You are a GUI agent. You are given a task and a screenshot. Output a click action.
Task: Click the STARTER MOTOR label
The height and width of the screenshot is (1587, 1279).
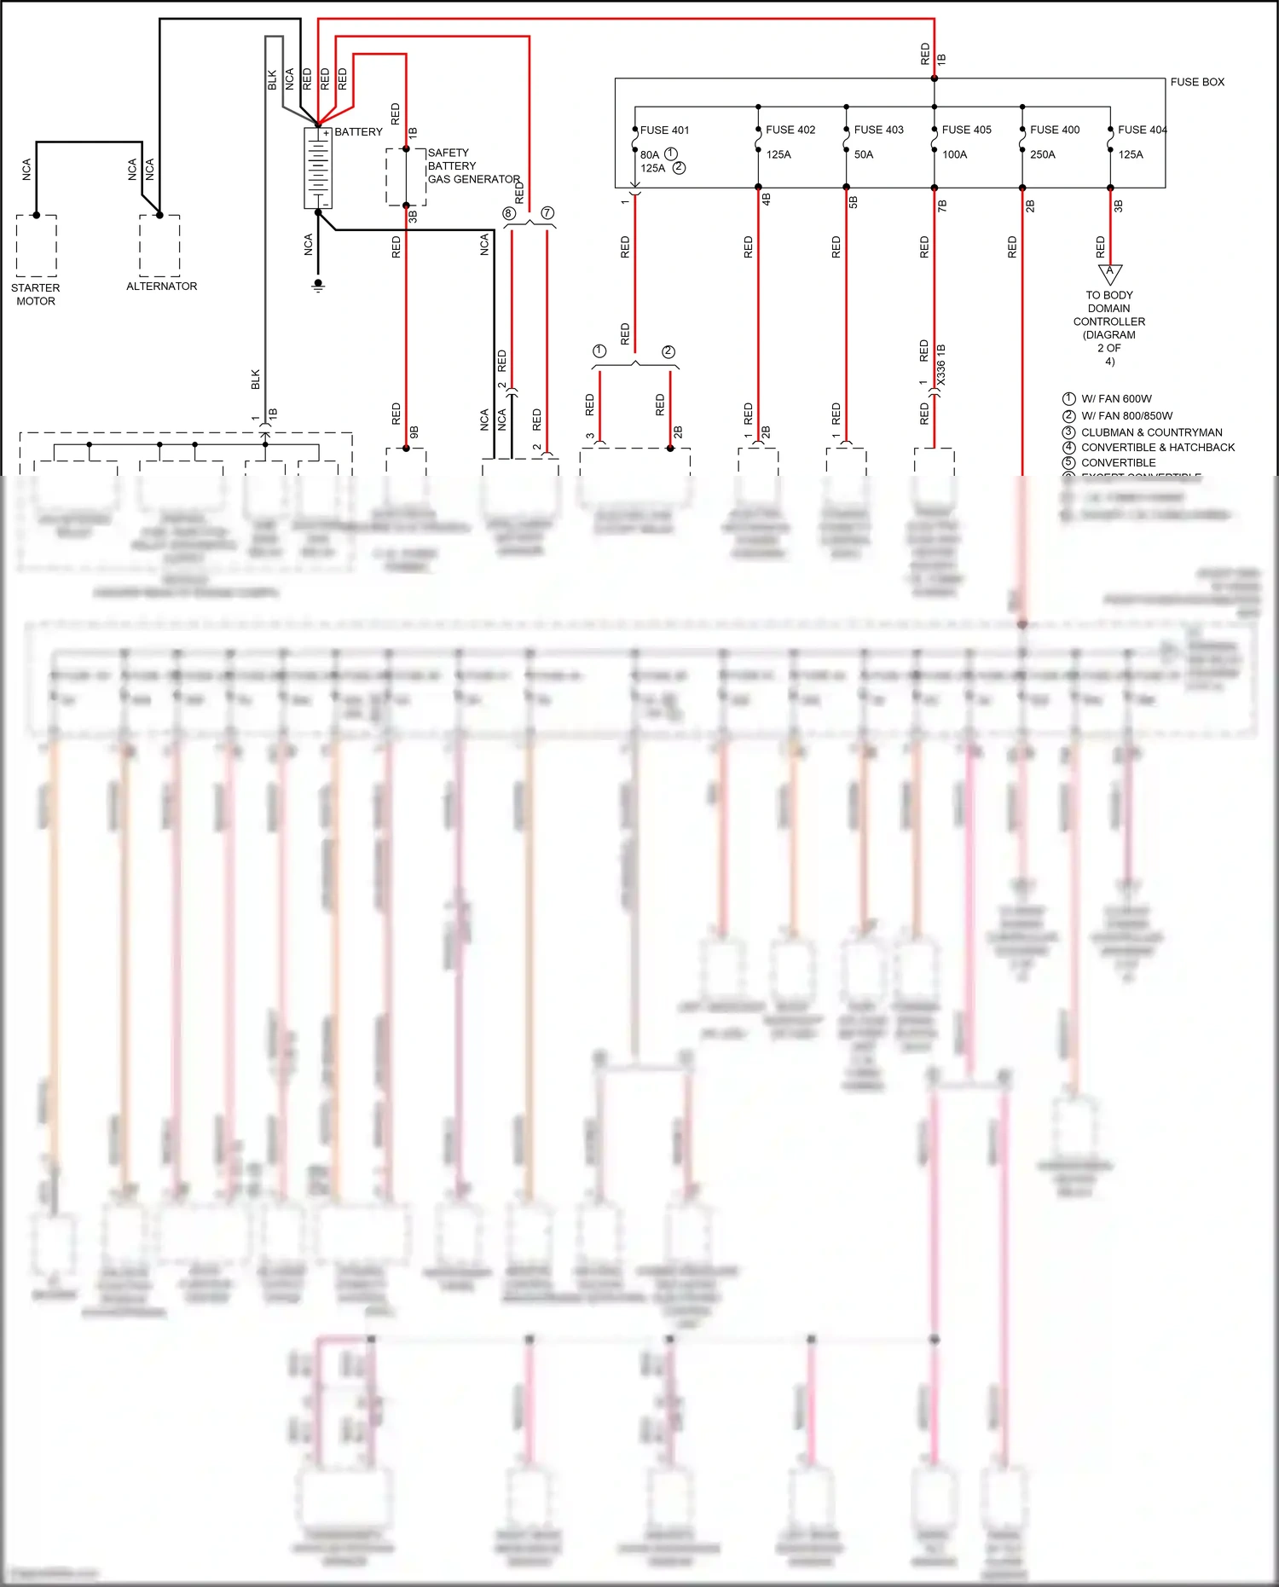[x=36, y=294]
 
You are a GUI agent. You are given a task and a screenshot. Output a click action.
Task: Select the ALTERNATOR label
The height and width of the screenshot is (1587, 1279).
[x=161, y=287]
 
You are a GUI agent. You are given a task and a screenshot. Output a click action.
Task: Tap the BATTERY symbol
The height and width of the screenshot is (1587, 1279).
[x=318, y=168]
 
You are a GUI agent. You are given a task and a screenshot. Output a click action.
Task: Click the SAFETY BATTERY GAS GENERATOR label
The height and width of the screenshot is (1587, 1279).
[x=472, y=166]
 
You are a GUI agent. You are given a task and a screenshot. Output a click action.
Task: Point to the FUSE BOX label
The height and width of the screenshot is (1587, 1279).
[x=1196, y=82]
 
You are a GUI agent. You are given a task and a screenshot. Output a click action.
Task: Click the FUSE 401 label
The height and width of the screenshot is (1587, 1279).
[x=664, y=130]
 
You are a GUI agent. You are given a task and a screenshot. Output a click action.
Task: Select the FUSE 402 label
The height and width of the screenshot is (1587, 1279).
[x=790, y=130]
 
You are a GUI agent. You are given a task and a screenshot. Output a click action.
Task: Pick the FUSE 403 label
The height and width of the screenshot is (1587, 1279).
[x=878, y=130]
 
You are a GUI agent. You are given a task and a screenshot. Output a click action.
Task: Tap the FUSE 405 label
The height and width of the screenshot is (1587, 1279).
[x=966, y=130]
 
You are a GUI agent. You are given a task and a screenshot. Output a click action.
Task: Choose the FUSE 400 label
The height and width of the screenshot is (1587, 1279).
[x=1055, y=130]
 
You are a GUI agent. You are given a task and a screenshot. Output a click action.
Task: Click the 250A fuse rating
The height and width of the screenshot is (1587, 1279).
[x=1042, y=154]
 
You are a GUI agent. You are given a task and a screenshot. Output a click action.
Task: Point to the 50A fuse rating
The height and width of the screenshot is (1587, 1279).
[x=864, y=154]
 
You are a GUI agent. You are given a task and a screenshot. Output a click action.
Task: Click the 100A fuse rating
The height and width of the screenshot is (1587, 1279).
[x=954, y=154]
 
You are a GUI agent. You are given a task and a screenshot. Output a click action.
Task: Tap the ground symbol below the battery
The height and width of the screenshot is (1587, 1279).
[x=318, y=286]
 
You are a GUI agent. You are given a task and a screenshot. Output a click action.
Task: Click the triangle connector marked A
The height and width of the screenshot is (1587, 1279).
[x=1109, y=273]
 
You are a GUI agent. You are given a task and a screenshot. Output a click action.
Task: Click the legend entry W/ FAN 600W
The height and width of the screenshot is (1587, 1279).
[x=1116, y=399]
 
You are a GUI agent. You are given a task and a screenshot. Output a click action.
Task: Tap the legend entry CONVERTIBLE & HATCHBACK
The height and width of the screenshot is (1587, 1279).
[x=1157, y=447]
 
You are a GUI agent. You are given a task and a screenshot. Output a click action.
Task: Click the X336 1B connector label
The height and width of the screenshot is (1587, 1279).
[x=941, y=364]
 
